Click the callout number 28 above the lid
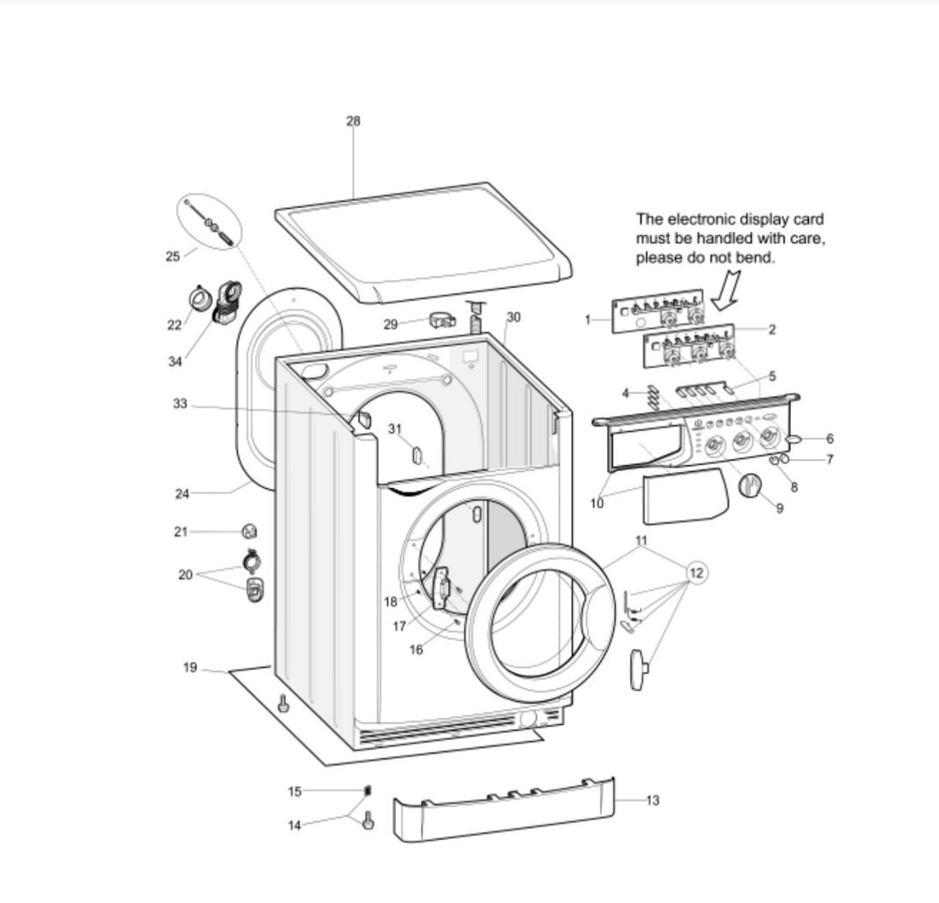click(x=353, y=121)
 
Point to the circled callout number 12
click(x=696, y=573)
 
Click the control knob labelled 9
click(x=749, y=485)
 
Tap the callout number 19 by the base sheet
click(x=190, y=668)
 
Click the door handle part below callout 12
click(x=638, y=669)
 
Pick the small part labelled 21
click(x=249, y=531)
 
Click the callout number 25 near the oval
click(x=173, y=256)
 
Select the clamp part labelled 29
click(x=441, y=320)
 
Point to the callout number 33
click(x=180, y=404)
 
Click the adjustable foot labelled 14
click(x=368, y=822)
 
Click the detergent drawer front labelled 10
click(x=685, y=497)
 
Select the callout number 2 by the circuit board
click(x=772, y=330)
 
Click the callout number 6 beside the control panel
click(x=829, y=439)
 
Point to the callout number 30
click(x=513, y=317)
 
